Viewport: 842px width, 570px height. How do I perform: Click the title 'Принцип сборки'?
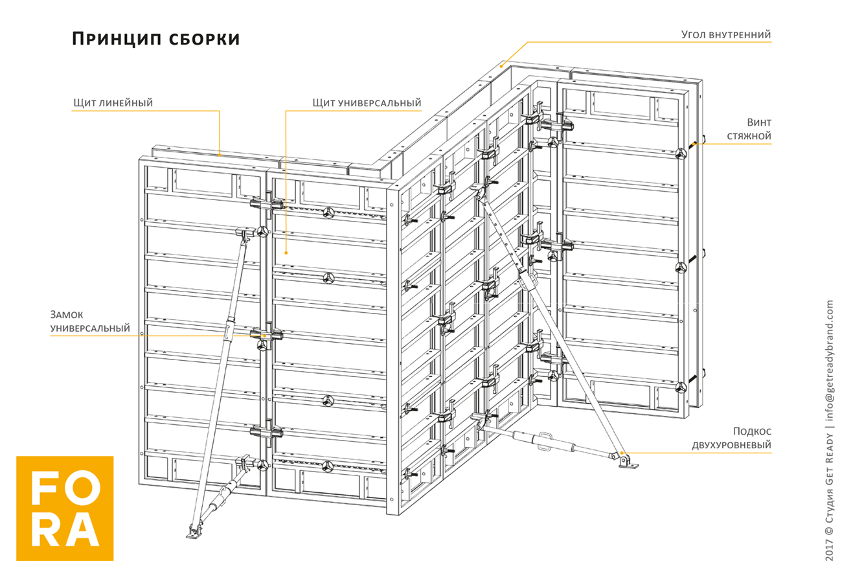(x=155, y=38)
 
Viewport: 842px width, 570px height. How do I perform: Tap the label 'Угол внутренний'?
(x=726, y=34)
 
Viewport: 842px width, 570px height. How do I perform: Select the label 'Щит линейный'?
(x=113, y=102)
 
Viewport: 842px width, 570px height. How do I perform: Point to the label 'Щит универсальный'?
(x=367, y=102)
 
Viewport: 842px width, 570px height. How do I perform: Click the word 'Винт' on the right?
(x=758, y=122)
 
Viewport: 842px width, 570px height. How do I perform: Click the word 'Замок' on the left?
(x=67, y=315)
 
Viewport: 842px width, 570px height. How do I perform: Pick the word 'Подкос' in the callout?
(x=752, y=431)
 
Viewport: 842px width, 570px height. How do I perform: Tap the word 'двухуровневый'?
(x=731, y=445)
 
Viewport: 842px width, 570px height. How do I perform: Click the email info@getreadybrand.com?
(x=830, y=359)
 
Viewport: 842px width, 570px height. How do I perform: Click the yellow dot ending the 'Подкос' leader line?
(x=622, y=453)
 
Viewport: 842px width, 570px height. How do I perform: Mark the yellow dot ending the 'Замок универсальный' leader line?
(x=265, y=336)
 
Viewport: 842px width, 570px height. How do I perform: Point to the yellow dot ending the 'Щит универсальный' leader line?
(x=286, y=252)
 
